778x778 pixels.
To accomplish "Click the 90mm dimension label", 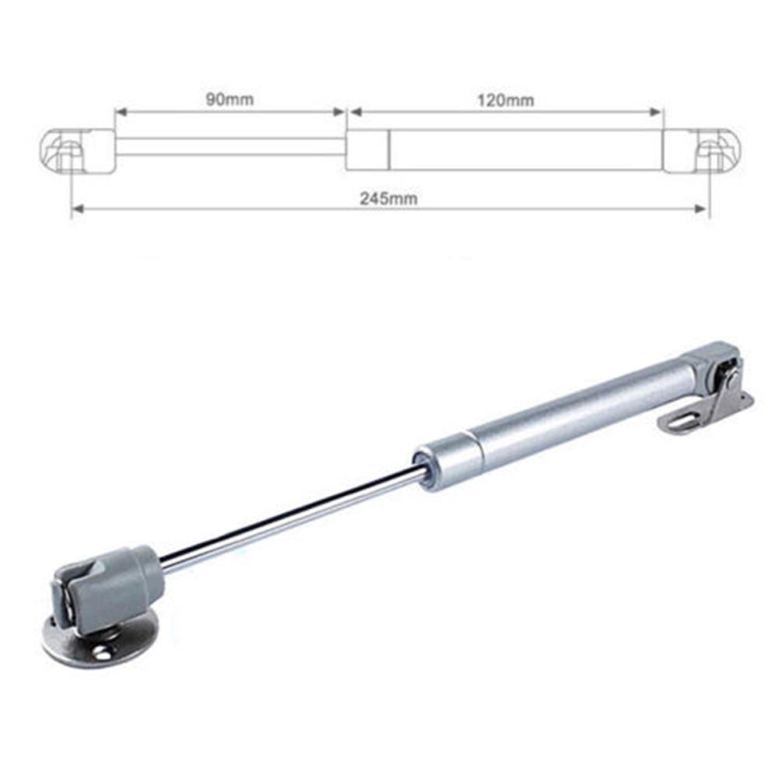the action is tap(229, 99).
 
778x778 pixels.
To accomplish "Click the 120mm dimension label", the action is tap(506, 101).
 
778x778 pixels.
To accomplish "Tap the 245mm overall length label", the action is tap(389, 198).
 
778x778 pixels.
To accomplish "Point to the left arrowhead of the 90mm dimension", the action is tap(120, 112).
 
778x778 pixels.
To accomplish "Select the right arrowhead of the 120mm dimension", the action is tap(656, 112).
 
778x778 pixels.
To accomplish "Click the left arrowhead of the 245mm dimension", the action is tap(78, 209).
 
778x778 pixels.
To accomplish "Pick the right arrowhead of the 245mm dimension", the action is tap(700, 209).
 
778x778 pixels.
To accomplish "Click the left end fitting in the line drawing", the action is tap(77, 151).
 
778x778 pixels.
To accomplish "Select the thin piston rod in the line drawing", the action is tap(231, 147).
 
